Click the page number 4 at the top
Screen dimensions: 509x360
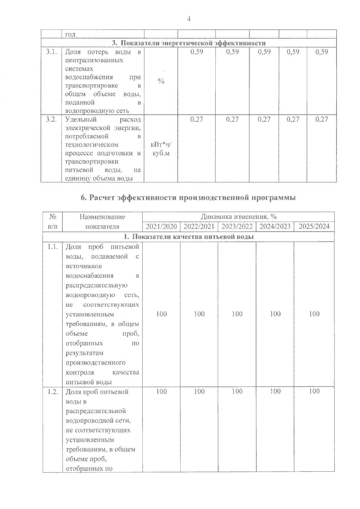(x=188, y=19)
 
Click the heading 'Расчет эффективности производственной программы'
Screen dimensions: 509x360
(x=188, y=198)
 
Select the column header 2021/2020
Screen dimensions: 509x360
(x=161, y=226)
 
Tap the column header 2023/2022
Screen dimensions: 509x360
(x=237, y=226)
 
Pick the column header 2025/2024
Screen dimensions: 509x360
(x=314, y=226)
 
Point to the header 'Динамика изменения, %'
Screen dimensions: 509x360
(x=238, y=217)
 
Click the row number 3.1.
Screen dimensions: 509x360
(x=51, y=52)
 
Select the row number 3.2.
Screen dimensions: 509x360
(x=51, y=119)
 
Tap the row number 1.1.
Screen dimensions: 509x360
(x=52, y=247)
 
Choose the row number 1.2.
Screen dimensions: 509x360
(x=52, y=392)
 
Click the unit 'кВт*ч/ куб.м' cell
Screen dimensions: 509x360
(x=161, y=149)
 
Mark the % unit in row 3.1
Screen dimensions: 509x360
(x=161, y=81)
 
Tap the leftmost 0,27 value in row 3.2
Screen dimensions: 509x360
(x=197, y=119)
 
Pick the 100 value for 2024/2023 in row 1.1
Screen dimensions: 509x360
(x=275, y=314)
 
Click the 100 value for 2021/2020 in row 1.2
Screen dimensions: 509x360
(x=161, y=391)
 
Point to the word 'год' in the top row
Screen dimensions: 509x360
(x=70, y=34)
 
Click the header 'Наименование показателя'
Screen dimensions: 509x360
(x=102, y=221)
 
